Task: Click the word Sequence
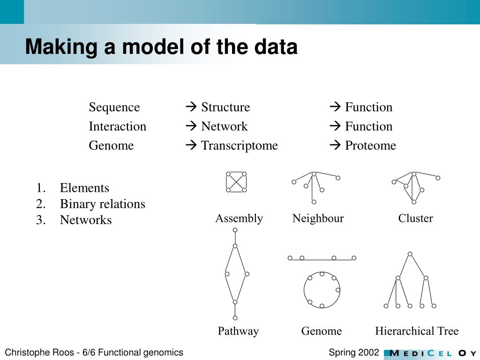coord(114,107)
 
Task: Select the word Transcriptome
coord(240,146)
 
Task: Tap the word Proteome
coord(370,146)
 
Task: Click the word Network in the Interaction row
coord(224,127)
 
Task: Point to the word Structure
coord(225,107)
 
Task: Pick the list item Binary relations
coord(103,204)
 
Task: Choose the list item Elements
coord(84,188)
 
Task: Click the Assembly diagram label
coord(239,218)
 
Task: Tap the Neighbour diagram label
coord(318,218)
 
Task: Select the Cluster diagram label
coord(415,218)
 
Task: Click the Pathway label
coord(238,331)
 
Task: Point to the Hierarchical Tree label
coord(417,331)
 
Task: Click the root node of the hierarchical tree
coord(410,254)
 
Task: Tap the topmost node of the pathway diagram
coord(235,230)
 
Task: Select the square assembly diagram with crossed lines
coord(236,182)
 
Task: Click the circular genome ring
coord(322,290)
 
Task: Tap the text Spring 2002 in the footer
coord(354,352)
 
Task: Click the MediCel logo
coord(430,353)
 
